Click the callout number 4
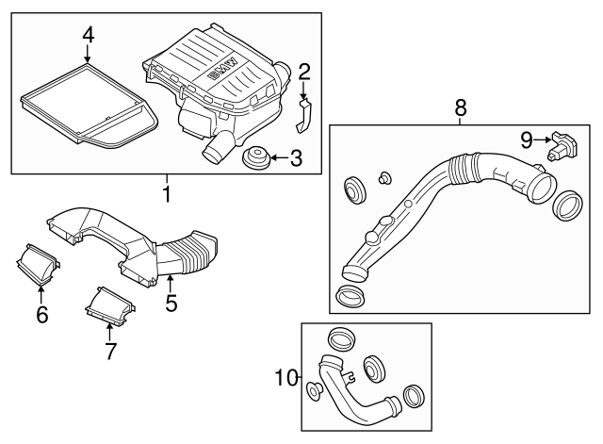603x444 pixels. [x=88, y=35]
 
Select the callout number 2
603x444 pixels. [x=304, y=71]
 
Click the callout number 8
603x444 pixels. [x=461, y=108]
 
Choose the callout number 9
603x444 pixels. [x=526, y=140]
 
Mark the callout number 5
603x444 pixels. [x=171, y=304]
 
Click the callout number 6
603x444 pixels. [x=41, y=315]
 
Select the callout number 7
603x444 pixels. [x=110, y=352]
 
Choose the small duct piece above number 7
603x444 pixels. [x=110, y=304]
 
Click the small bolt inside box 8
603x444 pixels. [x=384, y=176]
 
